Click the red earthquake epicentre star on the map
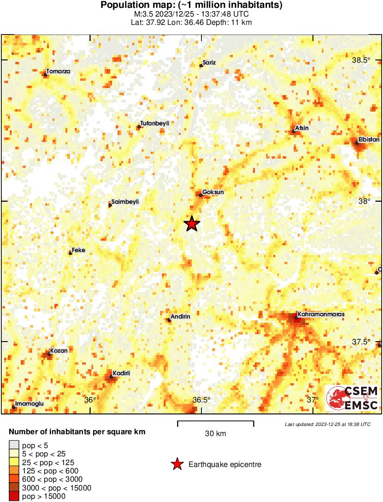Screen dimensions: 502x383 pos(192,224)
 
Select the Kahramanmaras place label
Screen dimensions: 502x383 pos(321,314)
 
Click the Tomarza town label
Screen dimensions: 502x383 pos(58,72)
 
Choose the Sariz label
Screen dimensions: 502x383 pos(209,63)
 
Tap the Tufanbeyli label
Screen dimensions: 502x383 pos(155,123)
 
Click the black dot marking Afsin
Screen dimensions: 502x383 pos(294,131)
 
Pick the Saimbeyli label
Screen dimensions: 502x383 pos(125,202)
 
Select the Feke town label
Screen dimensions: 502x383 pos(78,250)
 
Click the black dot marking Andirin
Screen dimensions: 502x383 pos(169,320)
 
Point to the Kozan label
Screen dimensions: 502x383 pos(59,351)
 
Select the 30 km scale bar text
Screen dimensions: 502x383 pos(215,434)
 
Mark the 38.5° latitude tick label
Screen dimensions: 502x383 pos(361,60)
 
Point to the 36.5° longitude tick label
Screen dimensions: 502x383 pos(201,400)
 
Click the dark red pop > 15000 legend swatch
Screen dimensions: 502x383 pos(14,496)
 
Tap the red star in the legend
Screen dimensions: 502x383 pos(177,464)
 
